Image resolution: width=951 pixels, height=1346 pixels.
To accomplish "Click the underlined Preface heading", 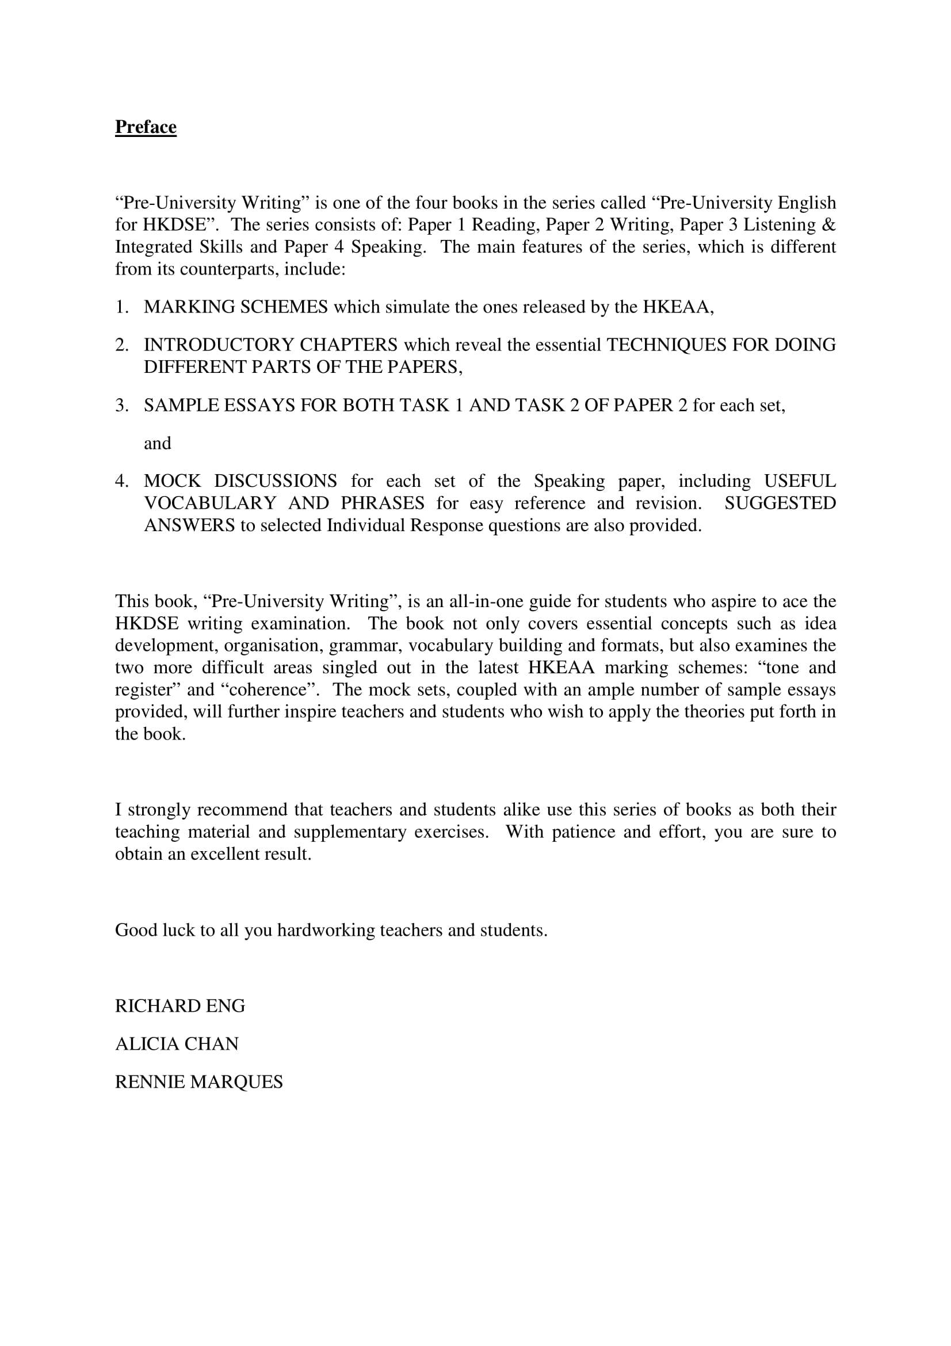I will pyautogui.click(x=146, y=127).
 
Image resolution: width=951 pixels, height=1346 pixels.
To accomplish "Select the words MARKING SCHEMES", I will pyautogui.click(x=235, y=307).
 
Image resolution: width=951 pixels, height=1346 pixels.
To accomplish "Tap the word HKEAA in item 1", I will pyautogui.click(x=676, y=307).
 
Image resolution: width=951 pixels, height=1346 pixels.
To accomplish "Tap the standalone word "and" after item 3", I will pyautogui.click(x=158, y=443).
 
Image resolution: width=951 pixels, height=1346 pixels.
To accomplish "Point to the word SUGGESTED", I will pyautogui.click(x=780, y=504).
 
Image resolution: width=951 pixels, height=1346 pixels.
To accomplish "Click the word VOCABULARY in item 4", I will pyautogui.click(x=211, y=504).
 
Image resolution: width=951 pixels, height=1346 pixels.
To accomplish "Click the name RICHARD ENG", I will pyautogui.click(x=180, y=1006).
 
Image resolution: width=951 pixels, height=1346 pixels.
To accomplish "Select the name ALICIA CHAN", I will pyautogui.click(x=177, y=1044).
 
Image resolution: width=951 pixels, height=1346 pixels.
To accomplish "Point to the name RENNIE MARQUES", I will pyautogui.click(x=198, y=1082).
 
